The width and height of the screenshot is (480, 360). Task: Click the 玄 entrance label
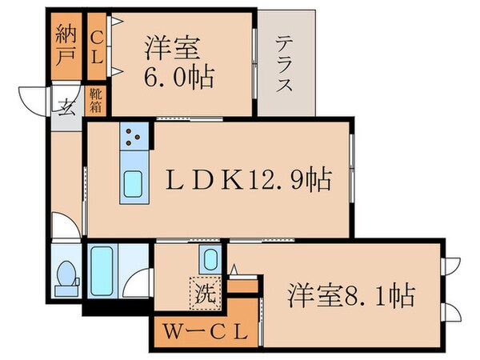tap(67, 108)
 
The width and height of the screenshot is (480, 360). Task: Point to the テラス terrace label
tap(284, 64)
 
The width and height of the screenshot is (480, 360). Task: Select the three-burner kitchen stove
tap(132, 138)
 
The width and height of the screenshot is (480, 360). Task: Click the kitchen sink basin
tap(132, 186)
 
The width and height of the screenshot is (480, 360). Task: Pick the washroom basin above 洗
tap(210, 260)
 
